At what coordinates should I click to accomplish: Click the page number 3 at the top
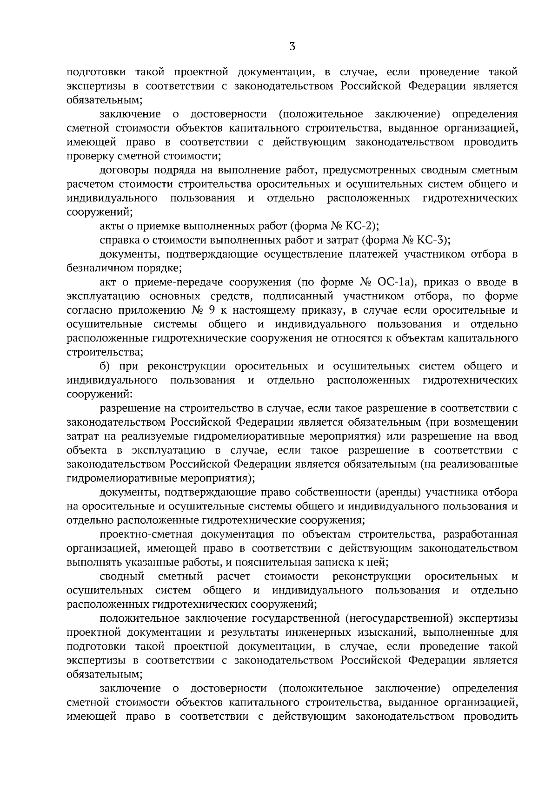coord(292,46)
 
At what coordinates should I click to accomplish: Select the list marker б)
coord(106,366)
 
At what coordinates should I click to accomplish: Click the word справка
coord(118,240)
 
